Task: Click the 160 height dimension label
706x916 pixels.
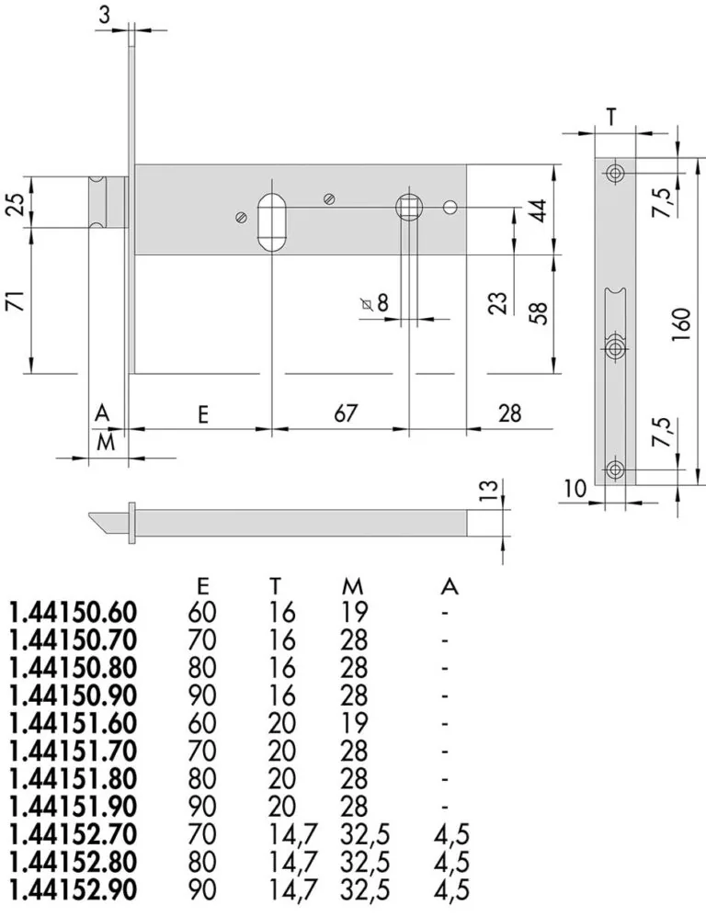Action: pyautogui.click(x=682, y=325)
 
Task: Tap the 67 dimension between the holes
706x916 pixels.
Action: pyautogui.click(x=346, y=413)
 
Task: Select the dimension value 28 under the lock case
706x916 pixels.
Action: pyautogui.click(x=509, y=413)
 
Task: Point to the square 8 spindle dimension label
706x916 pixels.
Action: pyautogui.click(x=375, y=303)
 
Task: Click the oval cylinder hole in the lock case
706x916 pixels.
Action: pyautogui.click(x=272, y=222)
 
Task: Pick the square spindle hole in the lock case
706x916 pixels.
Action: pyautogui.click(x=408, y=206)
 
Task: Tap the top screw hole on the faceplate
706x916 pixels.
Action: pyautogui.click(x=615, y=174)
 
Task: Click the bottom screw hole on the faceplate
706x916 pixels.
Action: pyautogui.click(x=615, y=469)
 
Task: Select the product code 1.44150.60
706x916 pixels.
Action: pyautogui.click(x=73, y=612)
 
